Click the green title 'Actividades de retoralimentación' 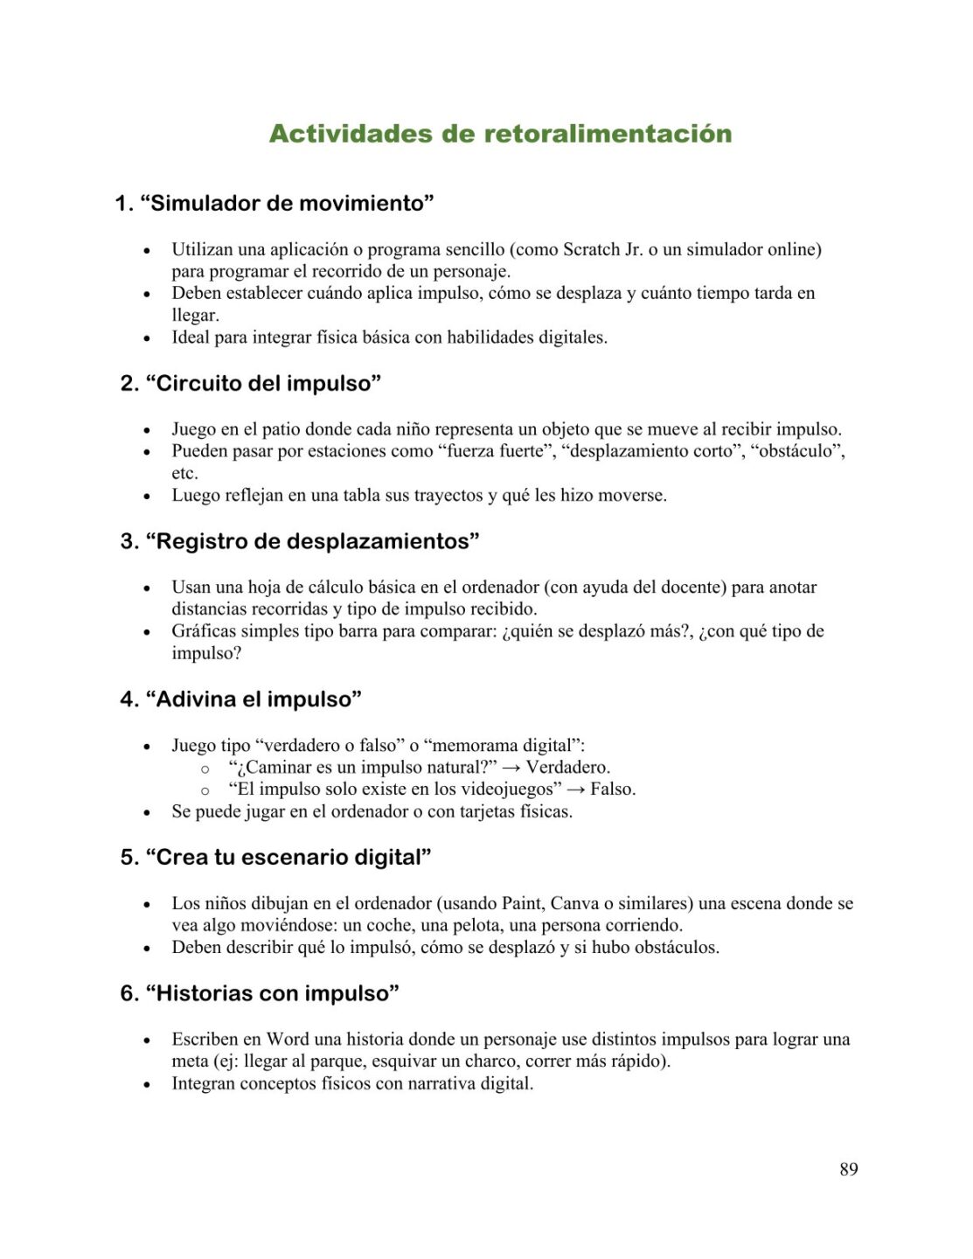point(500,134)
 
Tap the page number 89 point(848,1169)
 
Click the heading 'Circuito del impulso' point(263,384)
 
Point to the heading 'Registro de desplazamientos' point(312,542)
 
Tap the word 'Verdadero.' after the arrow point(568,768)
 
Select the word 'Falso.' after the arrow point(613,789)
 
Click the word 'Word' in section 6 point(288,1040)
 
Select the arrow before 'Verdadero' point(511,768)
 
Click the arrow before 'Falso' point(576,789)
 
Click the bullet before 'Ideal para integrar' point(147,338)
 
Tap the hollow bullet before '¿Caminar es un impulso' point(205,769)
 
